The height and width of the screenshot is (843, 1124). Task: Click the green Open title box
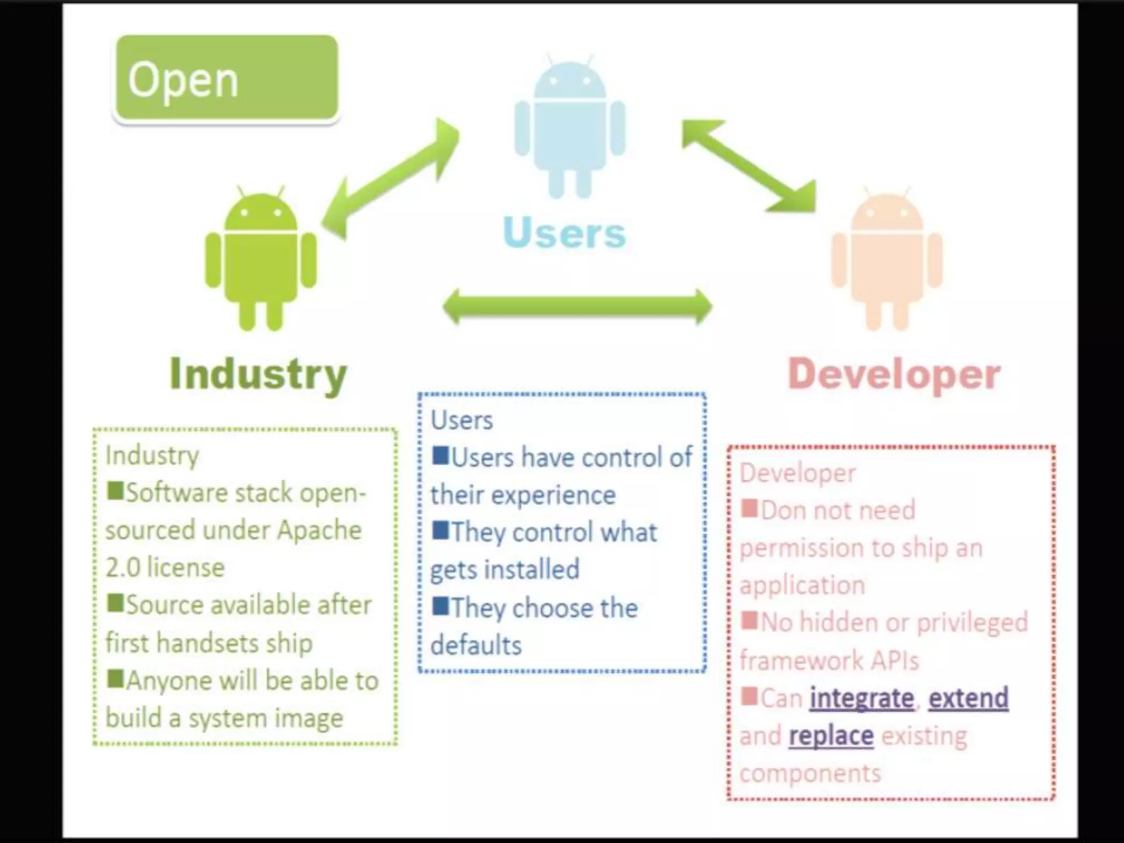pyautogui.click(x=226, y=78)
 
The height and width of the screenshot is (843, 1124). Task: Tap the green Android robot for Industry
pyautogui.click(x=261, y=260)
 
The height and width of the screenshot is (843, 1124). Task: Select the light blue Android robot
pyautogui.click(x=570, y=128)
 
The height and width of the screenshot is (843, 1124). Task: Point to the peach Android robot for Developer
pyautogui.click(x=887, y=260)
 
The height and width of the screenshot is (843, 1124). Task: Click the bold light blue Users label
pyautogui.click(x=564, y=233)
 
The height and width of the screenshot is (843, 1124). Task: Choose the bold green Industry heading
pyautogui.click(x=258, y=374)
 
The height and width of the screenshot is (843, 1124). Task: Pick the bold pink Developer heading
pyautogui.click(x=894, y=374)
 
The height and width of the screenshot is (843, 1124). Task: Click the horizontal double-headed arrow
pyautogui.click(x=577, y=306)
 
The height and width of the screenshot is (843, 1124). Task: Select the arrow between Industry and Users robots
pyautogui.click(x=390, y=179)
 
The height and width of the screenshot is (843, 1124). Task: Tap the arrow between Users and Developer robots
pyautogui.click(x=749, y=166)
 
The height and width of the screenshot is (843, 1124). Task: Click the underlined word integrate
pyautogui.click(x=862, y=699)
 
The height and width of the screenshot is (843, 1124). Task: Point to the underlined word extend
pyautogui.click(x=968, y=699)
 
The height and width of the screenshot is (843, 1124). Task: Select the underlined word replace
pyautogui.click(x=831, y=736)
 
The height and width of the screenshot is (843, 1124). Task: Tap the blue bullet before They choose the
pyautogui.click(x=440, y=606)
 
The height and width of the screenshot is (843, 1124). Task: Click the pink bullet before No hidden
pyautogui.click(x=749, y=621)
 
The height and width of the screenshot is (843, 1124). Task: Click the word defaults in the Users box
pyautogui.click(x=476, y=645)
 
